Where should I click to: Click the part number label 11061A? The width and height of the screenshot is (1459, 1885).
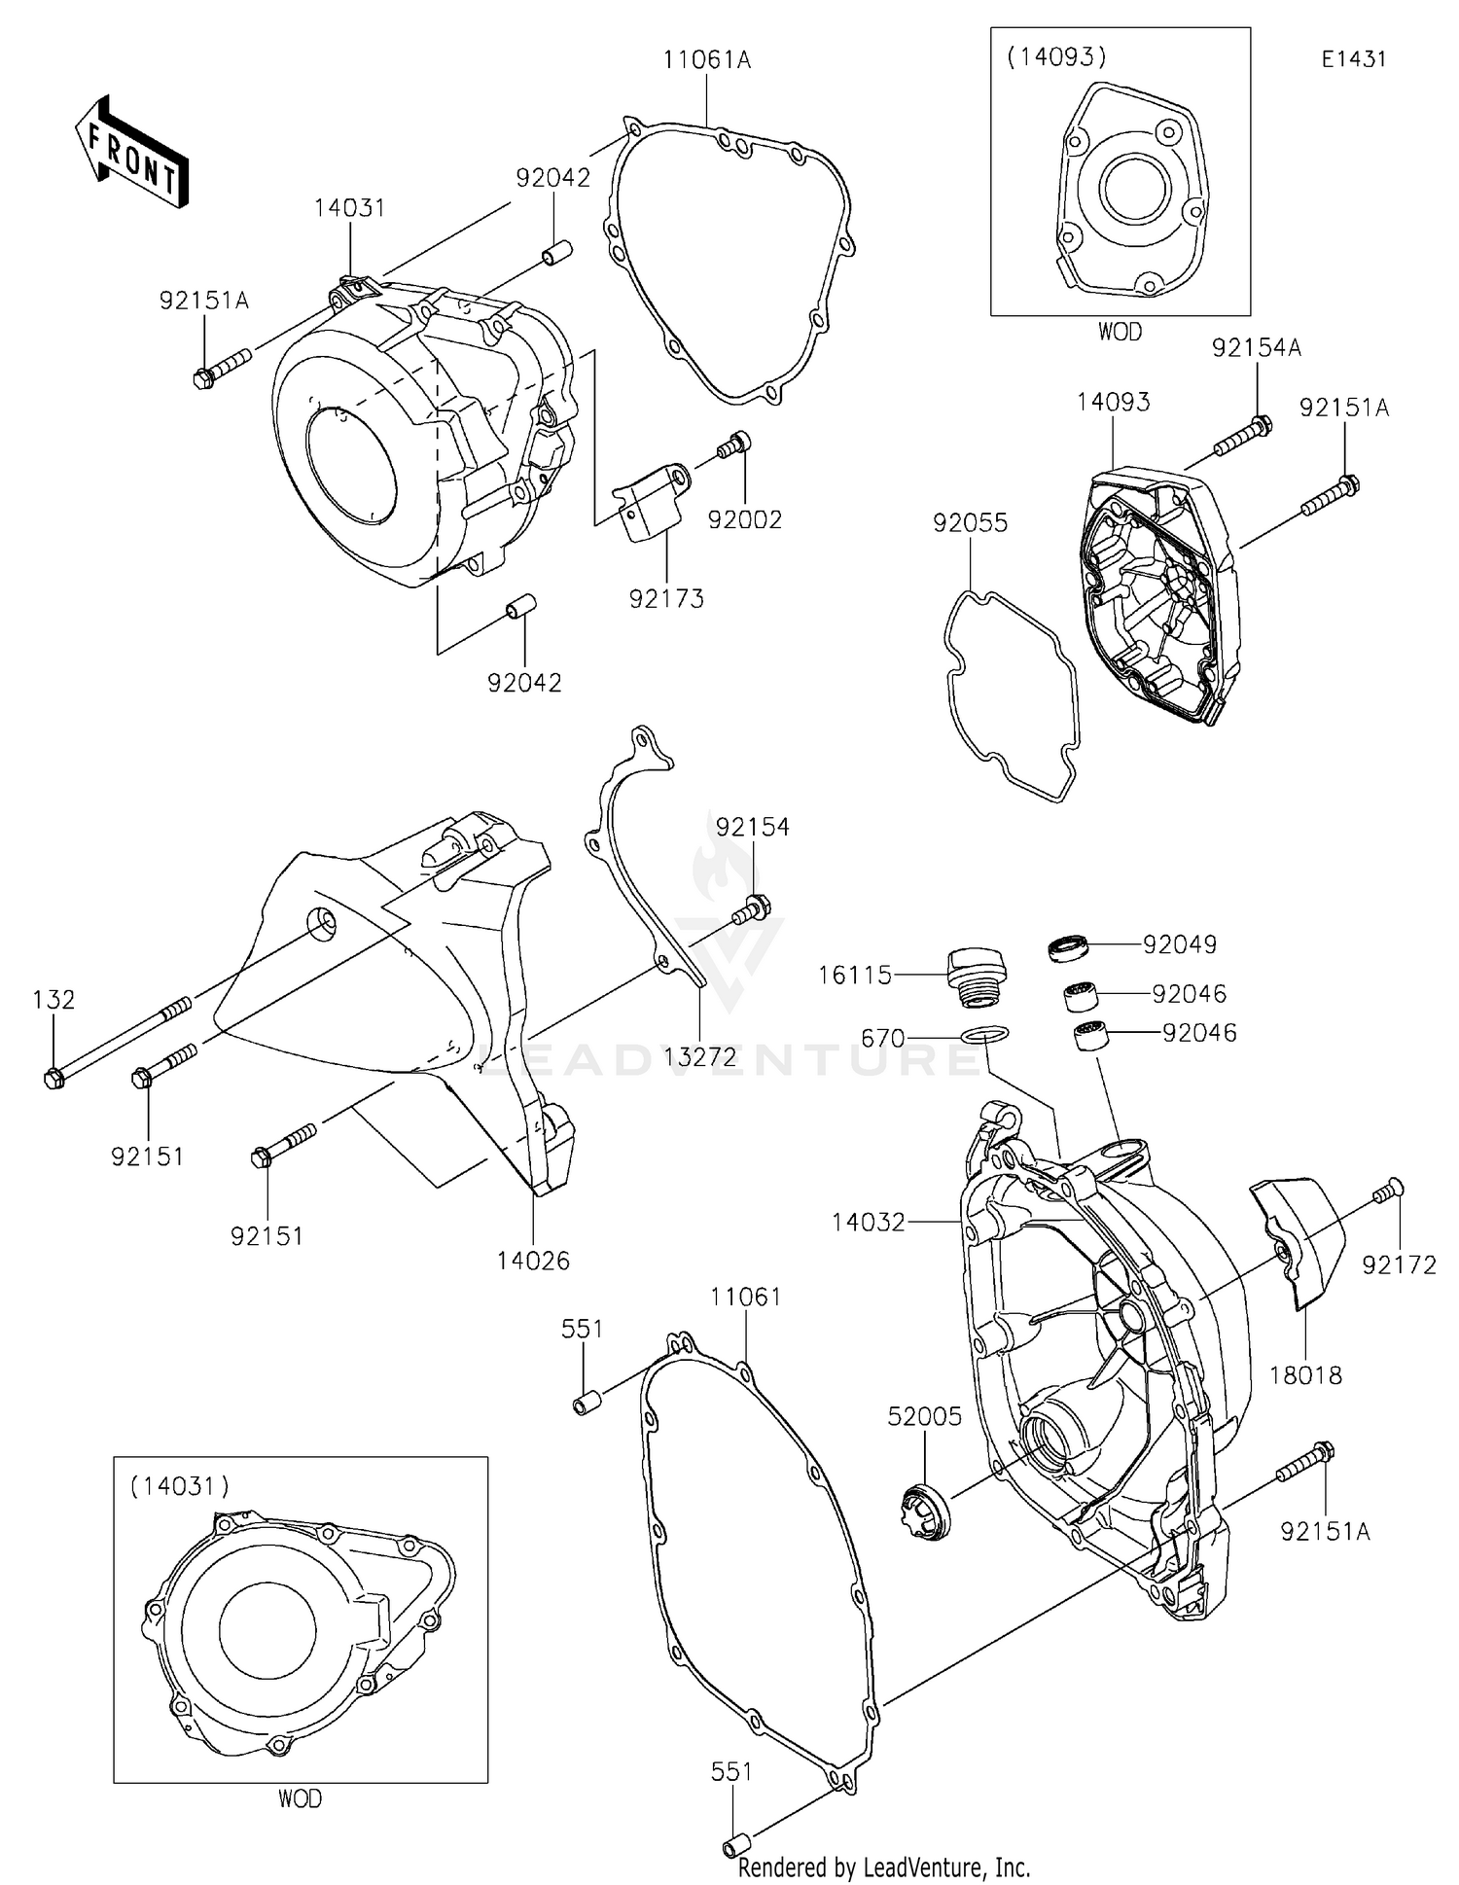click(x=707, y=60)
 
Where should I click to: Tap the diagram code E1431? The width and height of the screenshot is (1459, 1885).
click(x=1353, y=58)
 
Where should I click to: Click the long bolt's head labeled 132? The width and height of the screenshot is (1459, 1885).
click(x=54, y=1078)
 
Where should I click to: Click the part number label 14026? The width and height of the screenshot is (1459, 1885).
click(x=533, y=1261)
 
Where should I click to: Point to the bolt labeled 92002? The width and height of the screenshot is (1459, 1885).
click(x=734, y=445)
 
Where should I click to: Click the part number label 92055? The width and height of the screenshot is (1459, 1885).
click(x=970, y=523)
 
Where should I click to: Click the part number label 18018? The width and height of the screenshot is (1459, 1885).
click(x=1305, y=1375)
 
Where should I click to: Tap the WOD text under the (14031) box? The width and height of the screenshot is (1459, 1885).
click(x=300, y=1798)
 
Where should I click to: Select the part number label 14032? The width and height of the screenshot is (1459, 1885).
click(x=869, y=1222)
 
